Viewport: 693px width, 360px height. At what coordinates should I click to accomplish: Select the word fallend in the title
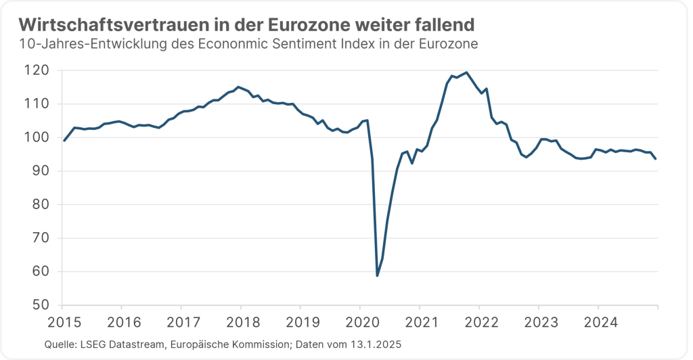tap(443, 24)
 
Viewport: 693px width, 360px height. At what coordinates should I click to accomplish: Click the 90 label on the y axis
tap(41, 171)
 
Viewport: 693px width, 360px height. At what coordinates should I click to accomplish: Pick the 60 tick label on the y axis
tap(41, 272)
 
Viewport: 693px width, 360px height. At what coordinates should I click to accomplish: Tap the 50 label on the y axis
tap(41, 305)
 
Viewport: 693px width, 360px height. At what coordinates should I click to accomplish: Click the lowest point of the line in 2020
tap(377, 275)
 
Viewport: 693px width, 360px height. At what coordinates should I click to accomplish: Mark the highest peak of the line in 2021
tap(467, 72)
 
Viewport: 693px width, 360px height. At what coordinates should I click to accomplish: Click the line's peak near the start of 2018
tap(238, 87)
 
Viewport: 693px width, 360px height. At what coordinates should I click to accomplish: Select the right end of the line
tap(656, 159)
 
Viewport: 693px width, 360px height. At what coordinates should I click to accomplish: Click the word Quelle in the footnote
tap(60, 344)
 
